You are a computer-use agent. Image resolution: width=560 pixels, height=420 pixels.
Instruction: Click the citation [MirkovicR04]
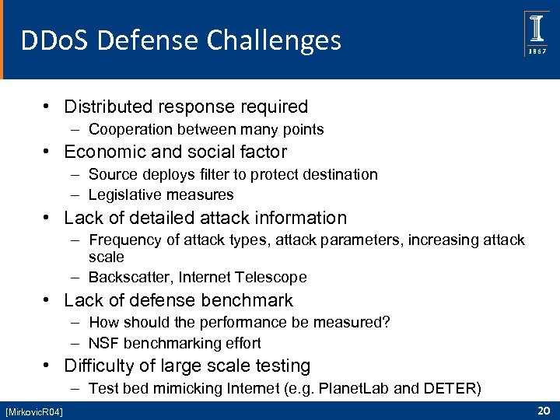pyautogui.click(x=34, y=410)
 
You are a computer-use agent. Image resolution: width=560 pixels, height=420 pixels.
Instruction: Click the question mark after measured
pyautogui.click(x=386, y=323)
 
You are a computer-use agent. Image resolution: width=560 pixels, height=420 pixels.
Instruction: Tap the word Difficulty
pyautogui.click(x=96, y=366)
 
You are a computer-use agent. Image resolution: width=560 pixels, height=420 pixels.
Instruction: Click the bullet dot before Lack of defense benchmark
pyautogui.click(x=48, y=300)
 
